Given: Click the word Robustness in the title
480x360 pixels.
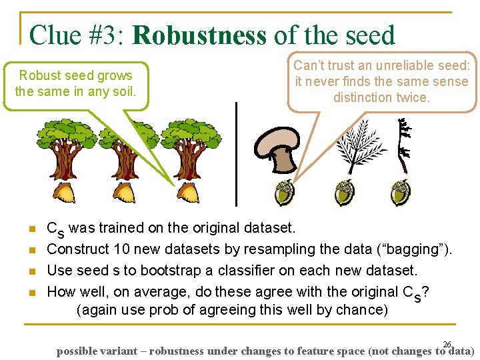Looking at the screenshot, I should point(199,35).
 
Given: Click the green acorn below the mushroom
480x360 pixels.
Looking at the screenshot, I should point(285,193).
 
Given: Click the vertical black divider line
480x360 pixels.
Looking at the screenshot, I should point(236,153).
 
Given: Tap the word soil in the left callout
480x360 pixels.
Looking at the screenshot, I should point(124,91).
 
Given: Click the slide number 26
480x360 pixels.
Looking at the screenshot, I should point(447,344).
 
